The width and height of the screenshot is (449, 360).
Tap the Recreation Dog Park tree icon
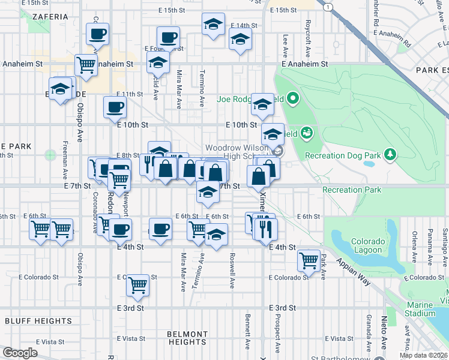(391, 154)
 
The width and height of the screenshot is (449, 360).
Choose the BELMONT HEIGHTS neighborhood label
(188, 337)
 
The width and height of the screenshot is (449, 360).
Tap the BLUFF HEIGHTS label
(30, 321)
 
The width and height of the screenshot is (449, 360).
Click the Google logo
(20, 353)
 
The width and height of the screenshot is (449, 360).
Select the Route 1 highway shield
(328, 7)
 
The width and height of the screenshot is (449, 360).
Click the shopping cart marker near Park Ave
(309, 260)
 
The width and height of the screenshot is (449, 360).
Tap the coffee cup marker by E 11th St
(115, 107)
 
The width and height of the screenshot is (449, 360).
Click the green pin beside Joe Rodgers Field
(292, 97)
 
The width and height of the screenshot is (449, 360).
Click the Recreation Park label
(351, 190)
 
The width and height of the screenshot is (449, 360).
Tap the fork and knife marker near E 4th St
(265, 228)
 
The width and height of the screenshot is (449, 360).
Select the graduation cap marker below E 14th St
(240, 41)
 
